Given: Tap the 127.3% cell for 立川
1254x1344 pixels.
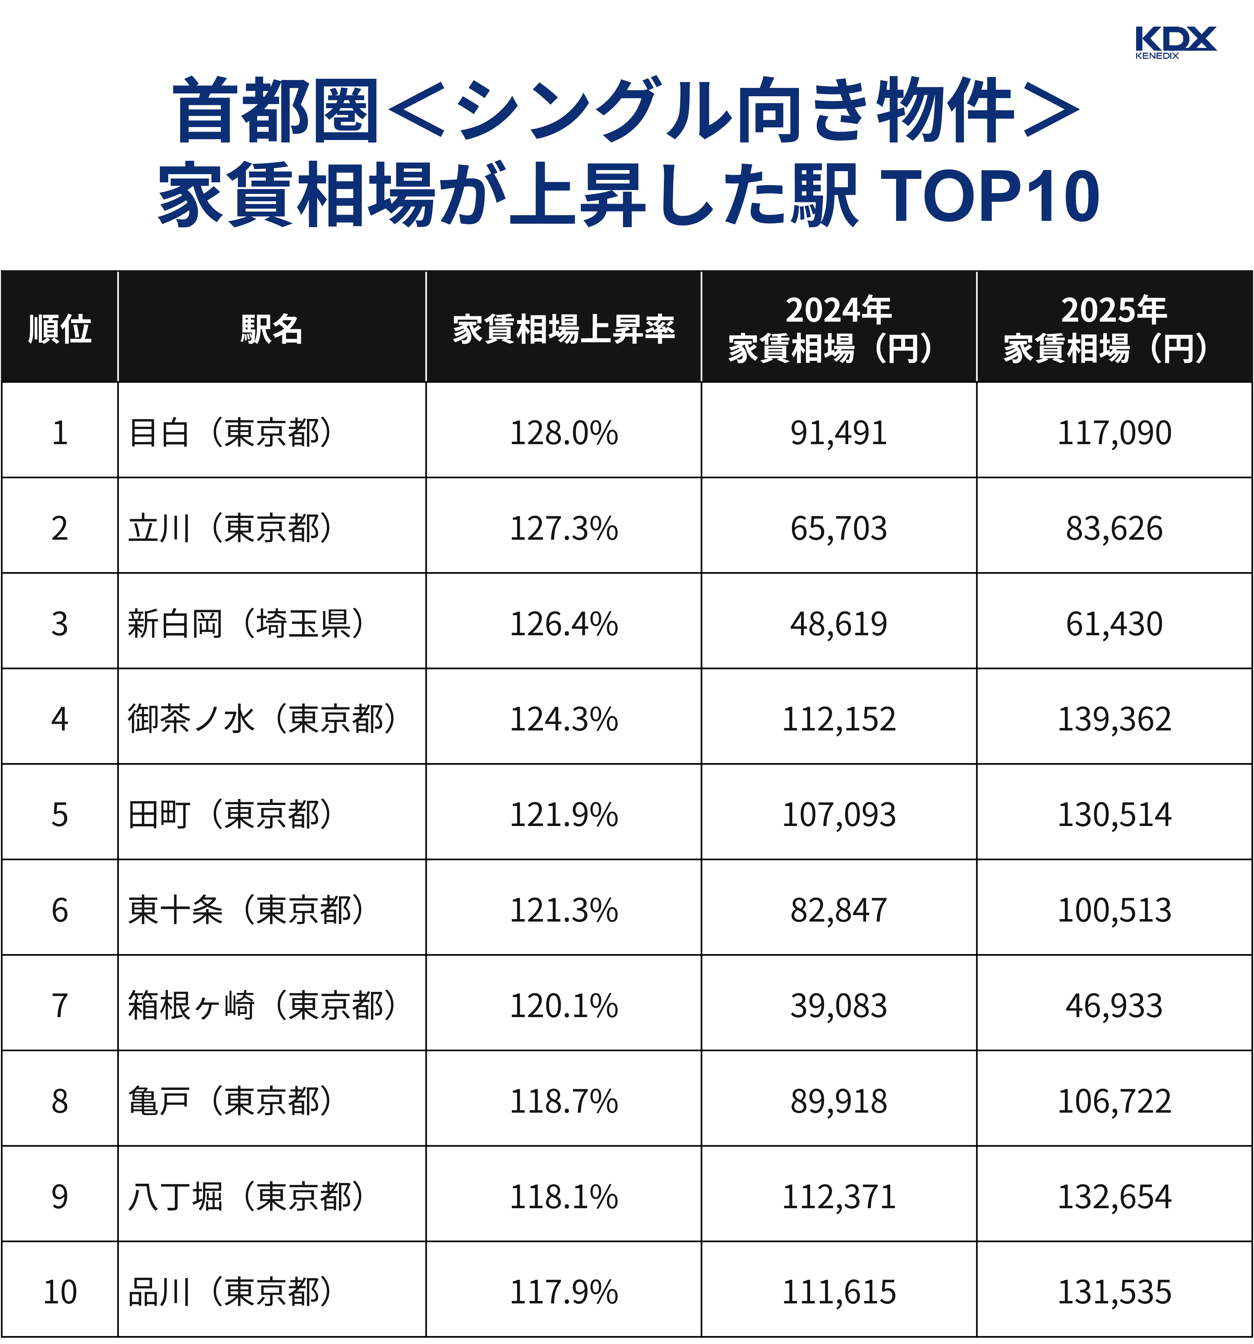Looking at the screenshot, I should click(564, 528).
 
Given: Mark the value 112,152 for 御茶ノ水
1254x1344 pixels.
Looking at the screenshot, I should click(838, 719).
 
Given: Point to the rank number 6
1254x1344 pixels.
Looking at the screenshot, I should click(59, 910).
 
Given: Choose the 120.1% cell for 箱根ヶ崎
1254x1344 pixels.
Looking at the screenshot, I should click(564, 1005).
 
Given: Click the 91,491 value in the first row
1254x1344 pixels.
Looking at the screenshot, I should click(838, 433).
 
